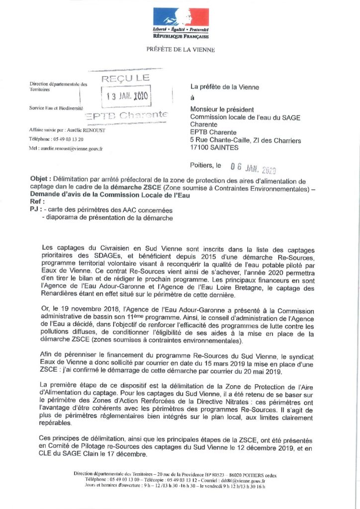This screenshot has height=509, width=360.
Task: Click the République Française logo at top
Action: coord(181,23)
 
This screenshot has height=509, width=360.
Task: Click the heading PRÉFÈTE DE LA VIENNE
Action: coord(180,49)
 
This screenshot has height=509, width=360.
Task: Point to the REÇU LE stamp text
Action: coord(126,78)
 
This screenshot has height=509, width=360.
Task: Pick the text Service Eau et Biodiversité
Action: coord(56,108)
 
